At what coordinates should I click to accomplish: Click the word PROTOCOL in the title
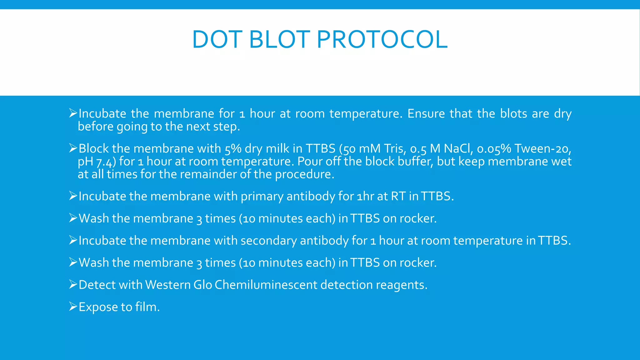pyautogui.click(x=382, y=40)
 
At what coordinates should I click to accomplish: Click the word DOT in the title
pyautogui.click(x=217, y=40)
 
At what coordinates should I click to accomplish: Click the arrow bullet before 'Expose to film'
pyautogui.click(x=73, y=307)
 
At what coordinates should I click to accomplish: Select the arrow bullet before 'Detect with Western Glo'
pyautogui.click(x=73, y=284)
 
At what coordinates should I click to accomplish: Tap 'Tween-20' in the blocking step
pyautogui.click(x=542, y=148)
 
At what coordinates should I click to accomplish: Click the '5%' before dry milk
pyautogui.click(x=233, y=149)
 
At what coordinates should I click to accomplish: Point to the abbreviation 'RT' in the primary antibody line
pyautogui.click(x=398, y=196)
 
